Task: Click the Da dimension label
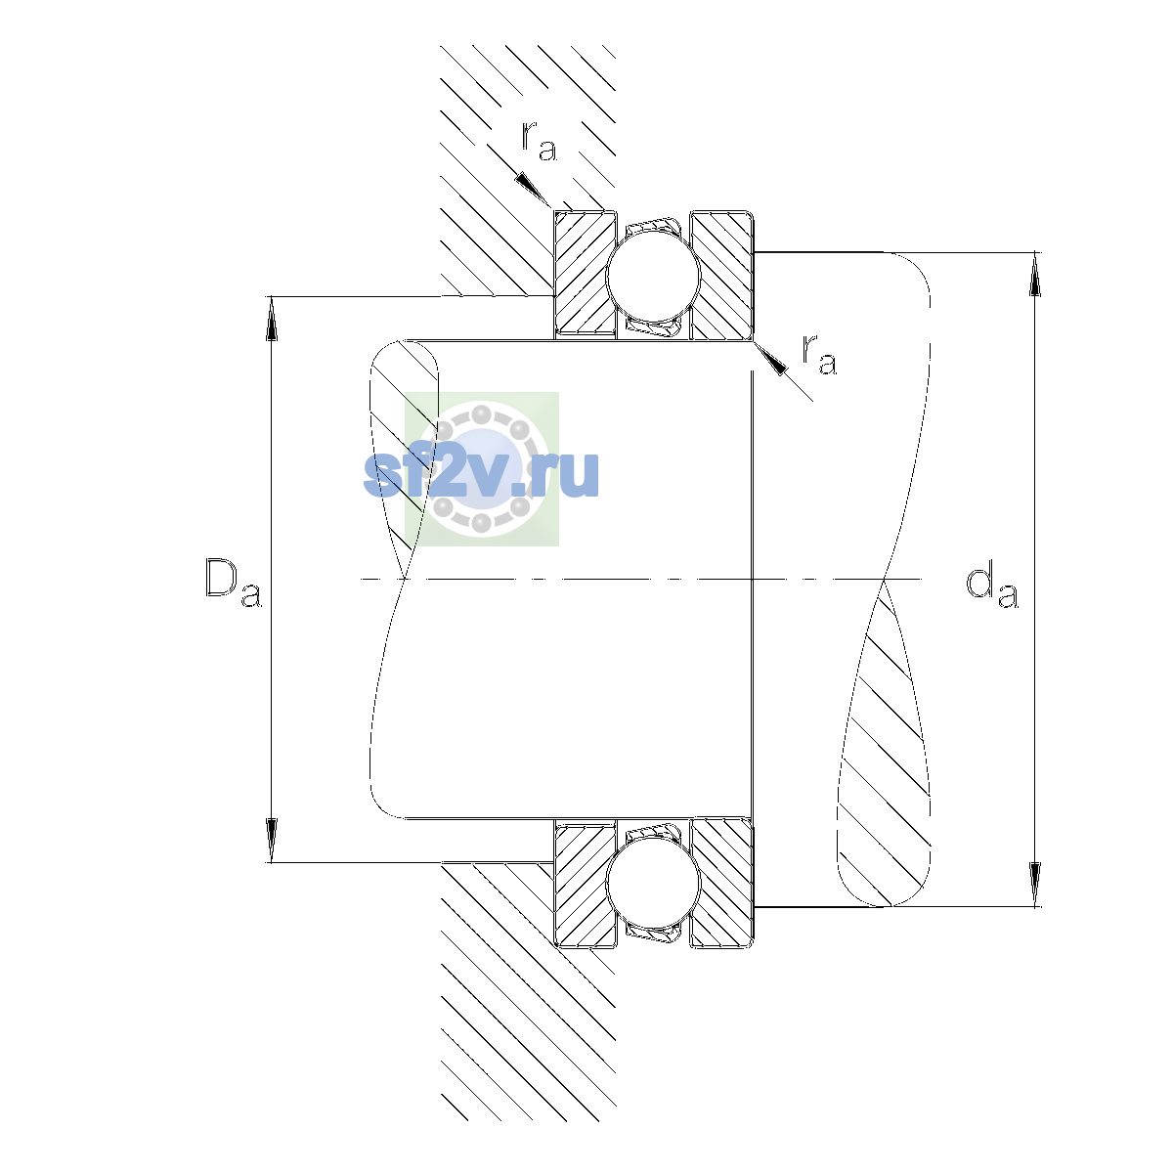234,583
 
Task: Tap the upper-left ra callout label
539,141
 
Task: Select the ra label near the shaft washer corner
819,354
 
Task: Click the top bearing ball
653,275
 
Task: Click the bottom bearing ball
653,884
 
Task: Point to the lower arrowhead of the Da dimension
272,840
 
